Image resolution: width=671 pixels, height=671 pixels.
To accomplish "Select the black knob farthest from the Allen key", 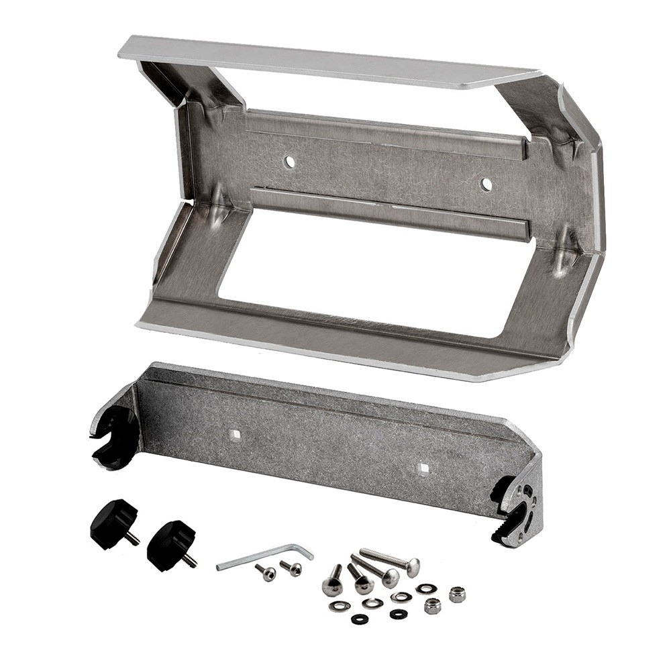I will coord(113,521).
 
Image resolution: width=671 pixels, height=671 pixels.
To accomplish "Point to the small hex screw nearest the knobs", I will coord(266,572).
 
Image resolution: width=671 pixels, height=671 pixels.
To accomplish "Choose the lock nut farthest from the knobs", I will coord(457,594).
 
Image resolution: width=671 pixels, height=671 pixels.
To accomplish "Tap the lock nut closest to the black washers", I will coord(433,605).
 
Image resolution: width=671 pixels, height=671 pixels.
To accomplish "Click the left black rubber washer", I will coord(360,619).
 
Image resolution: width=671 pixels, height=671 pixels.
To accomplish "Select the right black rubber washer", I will coord(398,613).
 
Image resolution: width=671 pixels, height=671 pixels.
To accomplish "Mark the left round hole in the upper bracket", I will coord(289,162).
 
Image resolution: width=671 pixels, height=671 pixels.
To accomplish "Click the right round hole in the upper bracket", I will coord(486,184).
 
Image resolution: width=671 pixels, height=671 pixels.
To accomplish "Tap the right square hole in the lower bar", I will coord(422,468).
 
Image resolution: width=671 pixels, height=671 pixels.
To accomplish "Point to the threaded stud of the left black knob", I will coord(133,537).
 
